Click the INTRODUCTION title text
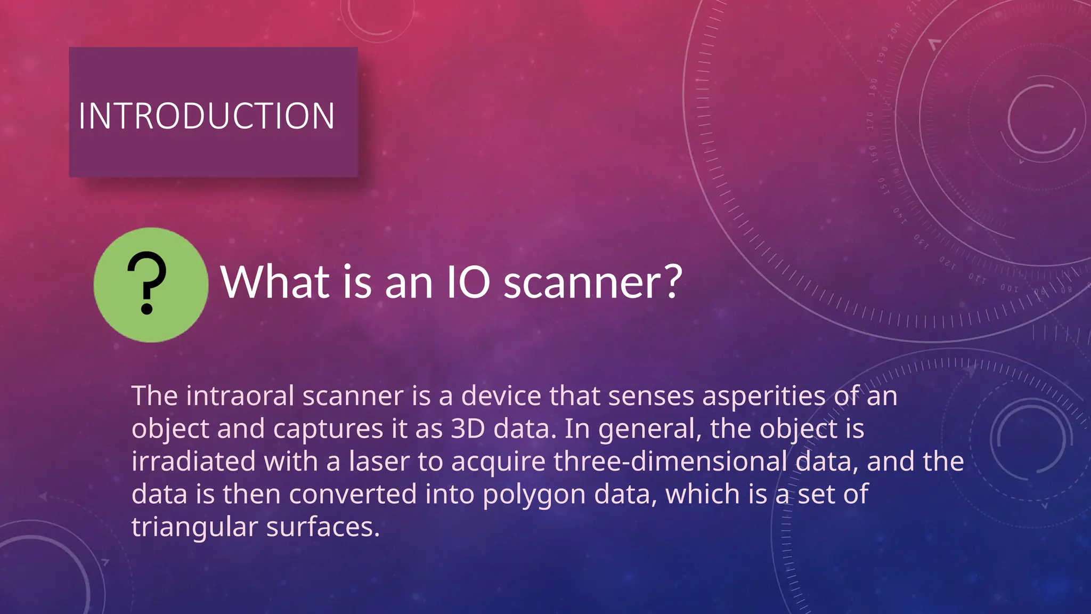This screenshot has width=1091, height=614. click(207, 116)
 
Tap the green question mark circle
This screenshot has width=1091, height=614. click(151, 285)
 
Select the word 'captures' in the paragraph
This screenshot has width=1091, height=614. click(328, 429)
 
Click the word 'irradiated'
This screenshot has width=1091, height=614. click(193, 462)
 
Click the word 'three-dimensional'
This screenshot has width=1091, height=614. click(670, 462)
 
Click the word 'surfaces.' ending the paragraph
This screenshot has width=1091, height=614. click(323, 527)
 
